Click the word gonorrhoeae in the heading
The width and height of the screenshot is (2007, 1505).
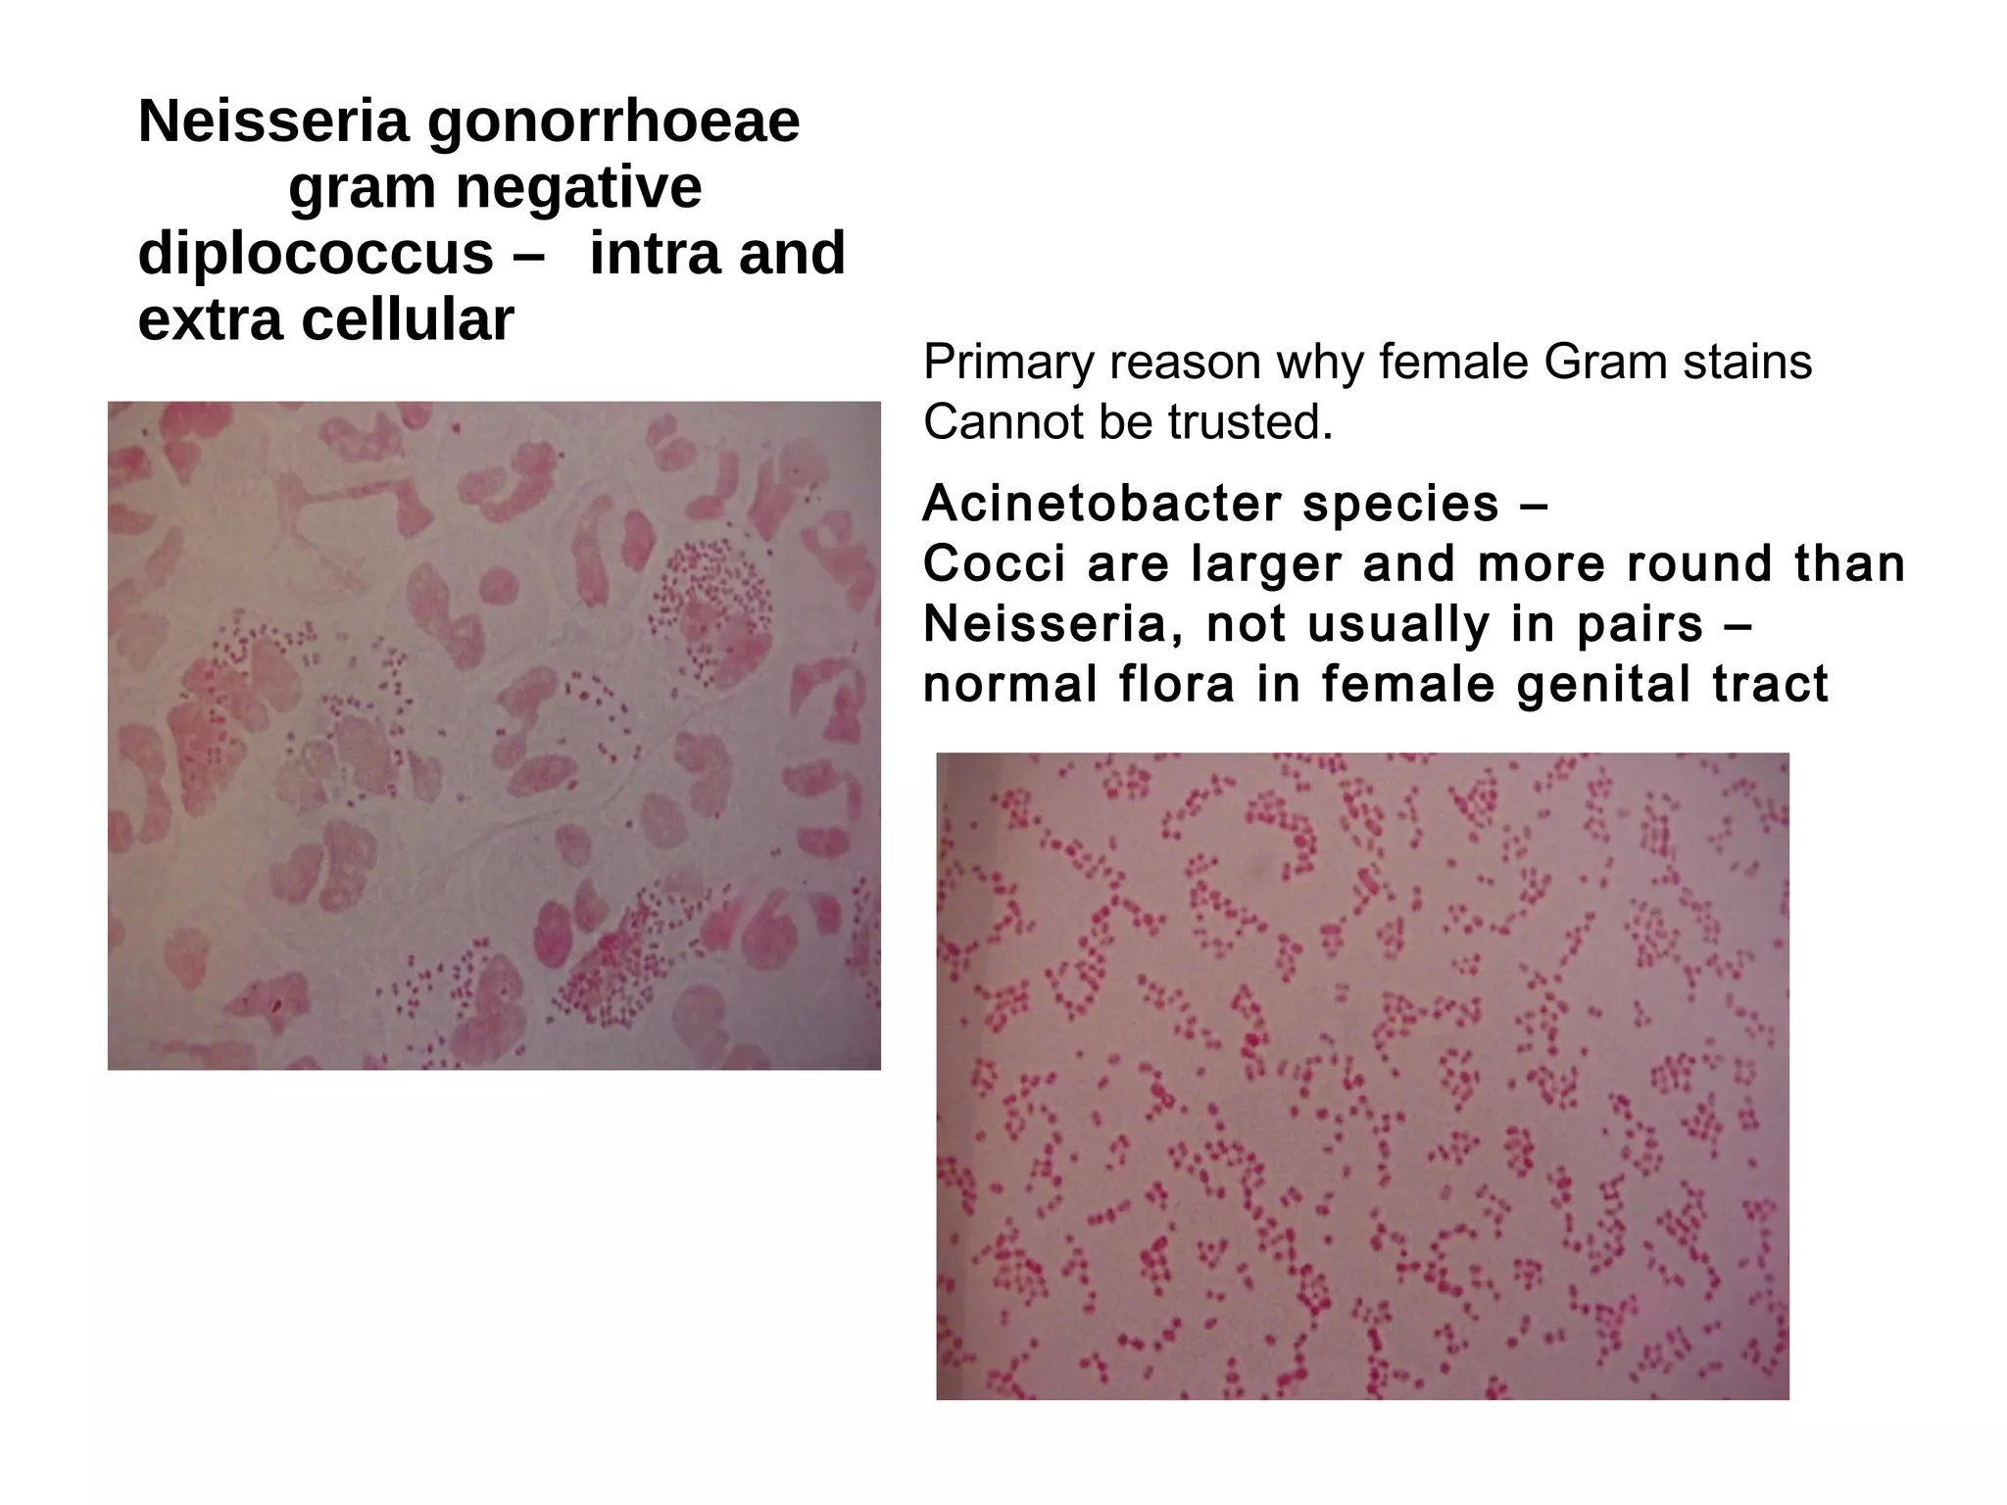tap(613, 123)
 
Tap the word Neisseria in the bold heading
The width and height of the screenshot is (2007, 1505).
tap(273, 121)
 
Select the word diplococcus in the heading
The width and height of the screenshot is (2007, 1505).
tap(316, 254)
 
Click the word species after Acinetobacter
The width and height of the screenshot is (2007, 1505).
tap(1400, 506)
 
